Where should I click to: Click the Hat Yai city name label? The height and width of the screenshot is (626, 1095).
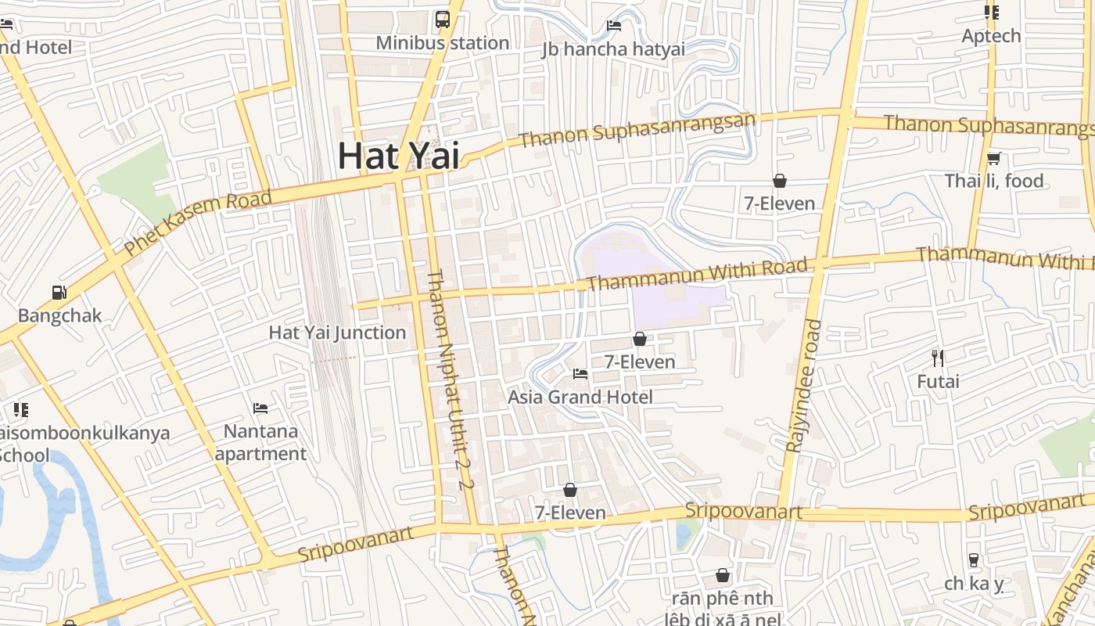tap(398, 156)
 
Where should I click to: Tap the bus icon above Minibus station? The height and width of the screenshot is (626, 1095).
tap(443, 20)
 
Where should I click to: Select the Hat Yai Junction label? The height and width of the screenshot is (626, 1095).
tap(337, 333)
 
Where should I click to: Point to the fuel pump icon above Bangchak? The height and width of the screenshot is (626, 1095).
tap(59, 293)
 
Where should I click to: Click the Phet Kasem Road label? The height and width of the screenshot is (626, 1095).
tap(198, 222)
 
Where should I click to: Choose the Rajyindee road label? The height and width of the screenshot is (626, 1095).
tap(803, 386)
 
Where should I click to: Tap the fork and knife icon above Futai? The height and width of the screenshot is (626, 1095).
tap(938, 358)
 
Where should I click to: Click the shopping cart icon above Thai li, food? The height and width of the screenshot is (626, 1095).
tap(994, 159)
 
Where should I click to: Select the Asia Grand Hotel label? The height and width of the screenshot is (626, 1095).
tap(580, 397)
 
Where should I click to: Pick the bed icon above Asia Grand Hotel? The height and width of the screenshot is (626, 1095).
tap(580, 373)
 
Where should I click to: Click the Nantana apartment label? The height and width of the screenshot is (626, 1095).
tap(260, 442)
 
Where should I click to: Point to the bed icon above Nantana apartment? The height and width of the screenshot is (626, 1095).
tap(260, 408)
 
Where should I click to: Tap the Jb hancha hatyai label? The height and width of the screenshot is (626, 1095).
tap(613, 49)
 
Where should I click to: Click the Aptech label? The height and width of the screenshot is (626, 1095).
tap(991, 36)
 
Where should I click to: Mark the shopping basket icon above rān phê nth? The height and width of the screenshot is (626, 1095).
tap(723, 575)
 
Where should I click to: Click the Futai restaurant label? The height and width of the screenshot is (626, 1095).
tap(938, 382)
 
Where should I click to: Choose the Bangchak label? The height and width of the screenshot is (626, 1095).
tap(59, 316)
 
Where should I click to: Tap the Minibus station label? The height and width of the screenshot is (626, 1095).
tap(443, 43)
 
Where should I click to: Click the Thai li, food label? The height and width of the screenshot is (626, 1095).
tap(994, 182)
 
